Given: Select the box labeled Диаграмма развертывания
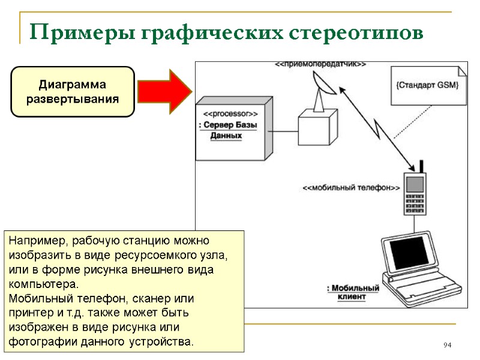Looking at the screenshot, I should point(73,91).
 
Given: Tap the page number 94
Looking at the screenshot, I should point(447,345).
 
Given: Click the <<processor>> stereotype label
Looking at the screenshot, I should point(230,113).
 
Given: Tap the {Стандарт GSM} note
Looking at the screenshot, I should point(427,85).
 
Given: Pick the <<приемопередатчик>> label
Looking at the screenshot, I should point(320,64).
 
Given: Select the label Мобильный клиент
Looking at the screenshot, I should point(353,292).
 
